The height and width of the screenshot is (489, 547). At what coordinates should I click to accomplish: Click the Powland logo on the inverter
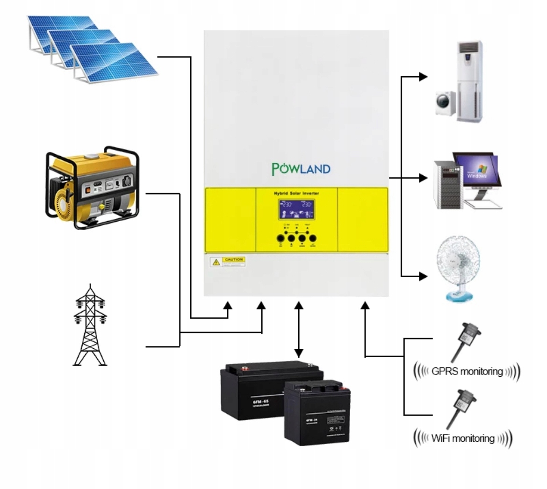(301, 168)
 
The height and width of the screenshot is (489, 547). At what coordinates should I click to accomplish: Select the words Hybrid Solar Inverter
(296, 193)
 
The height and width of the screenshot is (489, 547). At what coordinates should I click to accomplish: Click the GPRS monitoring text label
(467, 372)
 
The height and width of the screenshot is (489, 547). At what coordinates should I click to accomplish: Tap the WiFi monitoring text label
(462, 439)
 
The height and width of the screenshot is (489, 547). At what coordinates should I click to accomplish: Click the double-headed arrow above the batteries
(299, 330)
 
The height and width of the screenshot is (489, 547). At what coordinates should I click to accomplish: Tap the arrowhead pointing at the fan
(423, 276)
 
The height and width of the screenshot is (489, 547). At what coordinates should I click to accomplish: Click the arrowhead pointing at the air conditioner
(423, 77)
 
